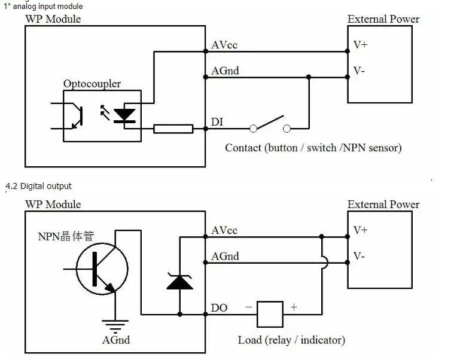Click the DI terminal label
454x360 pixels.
click(217, 122)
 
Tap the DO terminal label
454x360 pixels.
click(219, 308)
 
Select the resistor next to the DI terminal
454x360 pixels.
click(173, 129)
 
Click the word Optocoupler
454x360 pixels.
click(92, 84)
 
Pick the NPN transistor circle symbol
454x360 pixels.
click(102, 269)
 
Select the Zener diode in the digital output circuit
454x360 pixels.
click(180, 282)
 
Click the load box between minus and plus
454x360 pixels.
click(270, 315)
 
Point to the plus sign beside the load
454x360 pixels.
click(294, 307)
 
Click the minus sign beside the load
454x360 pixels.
click(249, 307)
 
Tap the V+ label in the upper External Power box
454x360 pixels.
click(361, 45)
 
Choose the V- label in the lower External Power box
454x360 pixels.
click(359, 256)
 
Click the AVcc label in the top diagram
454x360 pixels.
click(224, 45)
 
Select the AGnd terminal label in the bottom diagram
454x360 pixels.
click(225, 256)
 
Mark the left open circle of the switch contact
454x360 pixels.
click(254, 129)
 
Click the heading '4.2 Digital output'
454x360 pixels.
click(38, 186)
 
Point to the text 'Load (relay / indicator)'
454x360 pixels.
click(291, 340)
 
